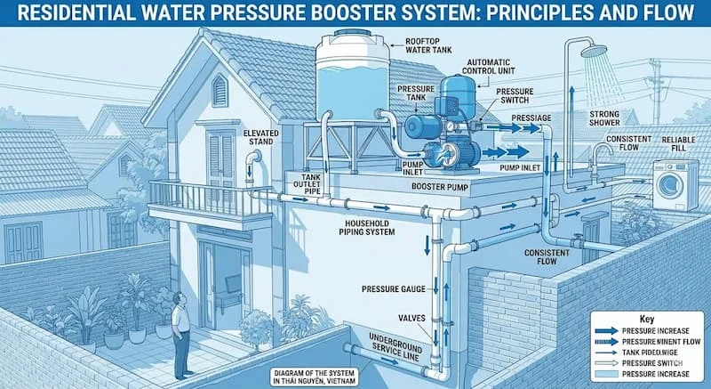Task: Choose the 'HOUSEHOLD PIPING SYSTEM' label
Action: (x=349, y=228)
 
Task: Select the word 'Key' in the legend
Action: (x=647, y=318)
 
